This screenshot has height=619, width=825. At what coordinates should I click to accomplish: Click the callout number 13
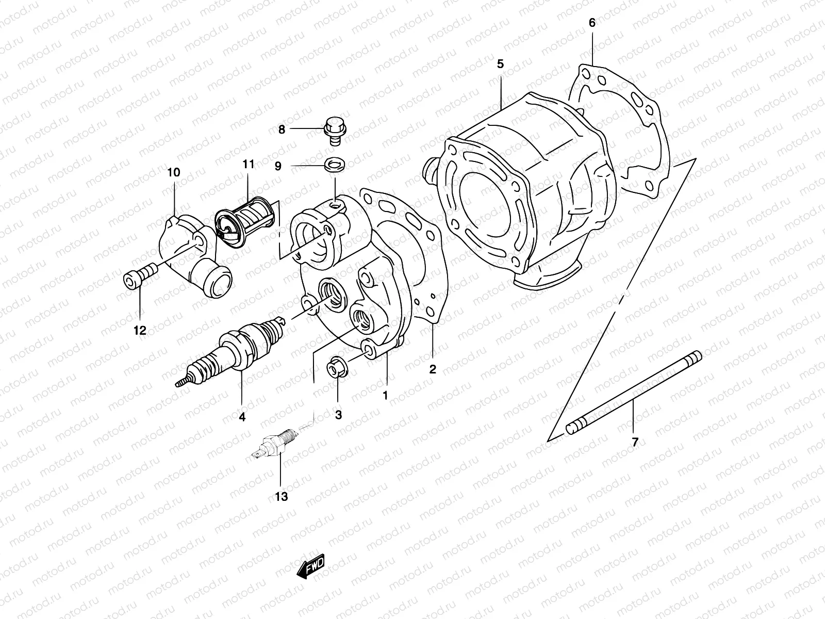(281, 497)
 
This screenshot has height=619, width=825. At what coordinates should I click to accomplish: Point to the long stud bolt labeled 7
(634, 392)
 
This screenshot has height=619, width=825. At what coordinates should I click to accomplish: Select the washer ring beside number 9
(335, 166)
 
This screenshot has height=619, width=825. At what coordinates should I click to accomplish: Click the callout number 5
(500, 64)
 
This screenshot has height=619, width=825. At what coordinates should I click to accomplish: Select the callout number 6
(592, 23)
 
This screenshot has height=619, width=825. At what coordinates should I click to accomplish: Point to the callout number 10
(174, 172)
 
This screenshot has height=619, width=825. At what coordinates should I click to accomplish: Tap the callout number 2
(433, 369)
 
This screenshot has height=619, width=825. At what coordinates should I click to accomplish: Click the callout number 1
(385, 395)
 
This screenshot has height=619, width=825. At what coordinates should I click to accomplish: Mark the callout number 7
(635, 442)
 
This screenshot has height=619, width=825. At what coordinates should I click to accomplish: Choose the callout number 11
(249, 165)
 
